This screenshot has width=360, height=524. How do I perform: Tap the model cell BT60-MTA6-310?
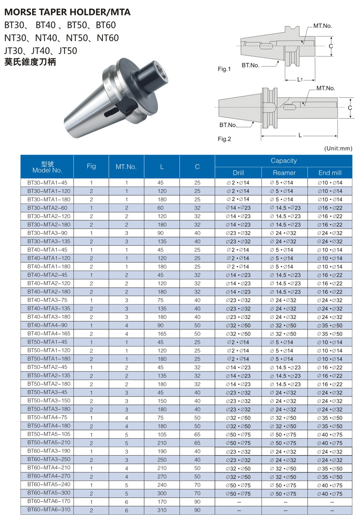coord(47,510)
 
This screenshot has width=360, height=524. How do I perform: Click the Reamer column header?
coord(284,173)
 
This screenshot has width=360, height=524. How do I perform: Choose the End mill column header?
coord(330,173)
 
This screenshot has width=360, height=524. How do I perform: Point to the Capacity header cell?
coord(284,161)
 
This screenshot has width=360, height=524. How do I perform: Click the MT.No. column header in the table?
coord(126,167)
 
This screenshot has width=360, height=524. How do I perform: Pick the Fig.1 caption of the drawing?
coord(224,69)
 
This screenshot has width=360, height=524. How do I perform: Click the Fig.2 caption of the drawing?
coord(224,139)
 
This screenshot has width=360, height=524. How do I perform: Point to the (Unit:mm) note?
coord(338,149)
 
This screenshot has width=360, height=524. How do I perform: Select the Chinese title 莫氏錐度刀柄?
coord(30,62)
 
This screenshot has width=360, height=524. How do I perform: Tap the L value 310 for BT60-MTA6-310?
coord(162,510)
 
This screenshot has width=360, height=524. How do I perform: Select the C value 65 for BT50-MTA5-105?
coord(197,435)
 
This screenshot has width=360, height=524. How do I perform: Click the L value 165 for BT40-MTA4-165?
coord(162,334)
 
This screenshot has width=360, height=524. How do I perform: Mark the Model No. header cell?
coord(47,167)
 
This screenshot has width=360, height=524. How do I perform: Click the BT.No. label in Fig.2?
coord(228,125)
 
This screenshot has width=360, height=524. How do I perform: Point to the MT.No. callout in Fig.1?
coord(323,26)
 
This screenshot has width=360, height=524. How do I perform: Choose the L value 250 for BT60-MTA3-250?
coord(162,460)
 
